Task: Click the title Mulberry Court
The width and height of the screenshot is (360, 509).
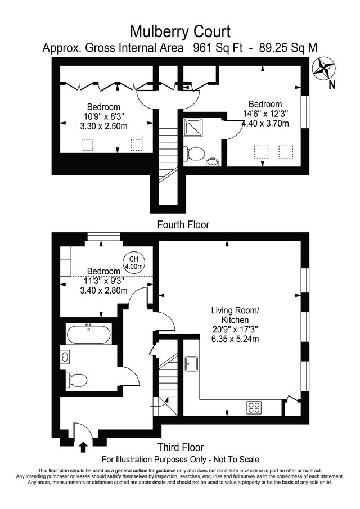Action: pos(180,32)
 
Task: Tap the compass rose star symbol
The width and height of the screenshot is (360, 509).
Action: pos(323,68)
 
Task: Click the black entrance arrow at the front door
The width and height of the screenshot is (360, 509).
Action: pos(83,447)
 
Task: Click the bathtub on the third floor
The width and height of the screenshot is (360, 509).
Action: pos(89,334)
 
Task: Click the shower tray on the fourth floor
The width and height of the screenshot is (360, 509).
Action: pos(193,127)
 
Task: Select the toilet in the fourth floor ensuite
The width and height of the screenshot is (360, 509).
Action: pos(194,154)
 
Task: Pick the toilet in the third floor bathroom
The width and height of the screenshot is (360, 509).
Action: pos(76,380)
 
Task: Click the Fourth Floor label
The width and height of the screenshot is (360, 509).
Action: pos(183,224)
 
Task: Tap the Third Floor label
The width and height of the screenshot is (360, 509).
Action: pos(181,447)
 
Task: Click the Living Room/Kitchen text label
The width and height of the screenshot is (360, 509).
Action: pos(235,315)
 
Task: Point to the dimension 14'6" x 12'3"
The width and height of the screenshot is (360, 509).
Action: pos(265,114)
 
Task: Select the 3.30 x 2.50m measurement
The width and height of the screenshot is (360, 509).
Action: pos(103,126)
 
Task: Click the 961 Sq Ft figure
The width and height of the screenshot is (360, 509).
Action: pos(218,48)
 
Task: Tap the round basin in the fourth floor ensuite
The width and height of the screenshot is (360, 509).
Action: pos(213,163)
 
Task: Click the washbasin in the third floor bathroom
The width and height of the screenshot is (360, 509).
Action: pos(65,357)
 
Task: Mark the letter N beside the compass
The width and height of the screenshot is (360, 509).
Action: pos(332,85)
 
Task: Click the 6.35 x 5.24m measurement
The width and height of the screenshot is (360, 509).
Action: pos(235,339)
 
